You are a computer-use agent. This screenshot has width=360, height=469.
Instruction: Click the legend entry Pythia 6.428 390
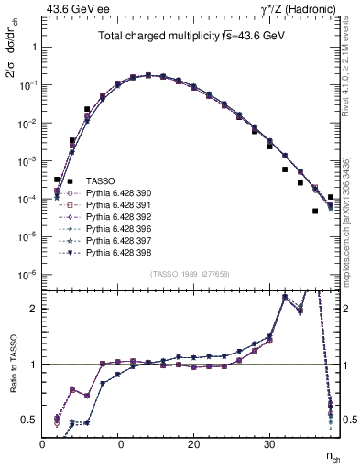click(115, 193)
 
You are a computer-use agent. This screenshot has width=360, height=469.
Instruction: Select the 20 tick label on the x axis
click(193, 445)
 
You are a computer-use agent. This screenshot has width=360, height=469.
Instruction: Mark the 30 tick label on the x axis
click(268, 445)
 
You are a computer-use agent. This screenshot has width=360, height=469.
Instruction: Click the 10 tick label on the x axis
click(118, 445)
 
